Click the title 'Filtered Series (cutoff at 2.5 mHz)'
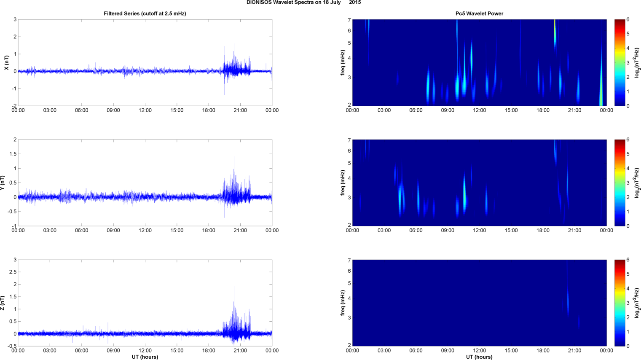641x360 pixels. pyautogui.click(x=145, y=13)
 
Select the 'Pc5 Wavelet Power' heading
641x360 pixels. pyautogui.click(x=479, y=13)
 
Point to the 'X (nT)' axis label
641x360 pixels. pyautogui.click(x=6, y=63)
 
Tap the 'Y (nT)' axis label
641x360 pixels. pyautogui.click(x=3, y=183)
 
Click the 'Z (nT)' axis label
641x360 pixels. pyautogui.click(x=3, y=303)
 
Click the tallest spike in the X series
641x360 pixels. pyautogui.click(x=237, y=35)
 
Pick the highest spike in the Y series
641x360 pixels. pyautogui.click(x=237, y=142)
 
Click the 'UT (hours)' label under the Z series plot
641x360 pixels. pyautogui.click(x=145, y=357)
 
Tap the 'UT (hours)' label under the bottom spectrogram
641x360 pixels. pyautogui.click(x=479, y=357)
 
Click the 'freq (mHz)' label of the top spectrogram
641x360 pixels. pyautogui.click(x=343, y=63)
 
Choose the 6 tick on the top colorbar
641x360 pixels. pyautogui.click(x=628, y=19)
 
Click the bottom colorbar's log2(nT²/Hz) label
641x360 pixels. pyautogui.click(x=637, y=303)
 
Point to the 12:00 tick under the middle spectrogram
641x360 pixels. pyautogui.click(x=480, y=231)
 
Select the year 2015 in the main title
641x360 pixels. pyautogui.click(x=355, y=3)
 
